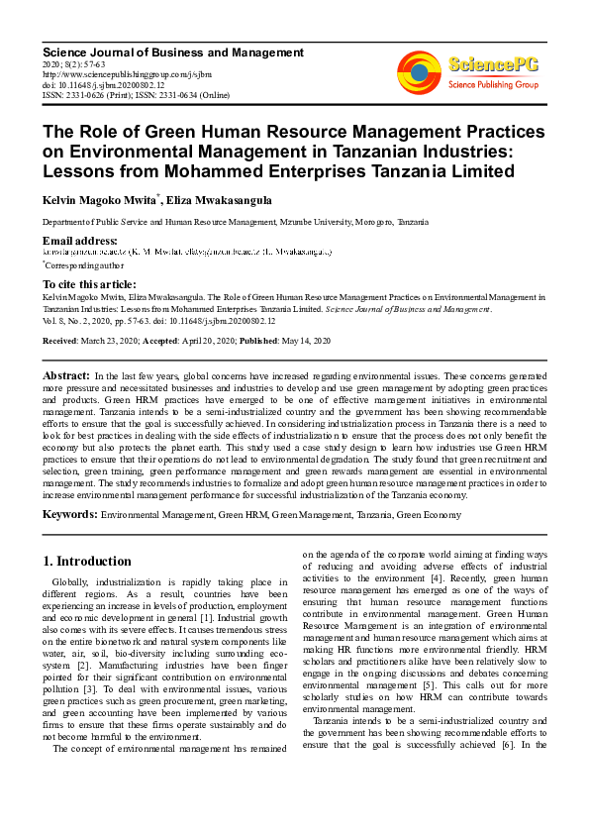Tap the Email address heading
tap(80, 241)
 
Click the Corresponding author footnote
tap(85, 265)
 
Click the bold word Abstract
tap(66, 376)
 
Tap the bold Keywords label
tap(69, 515)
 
